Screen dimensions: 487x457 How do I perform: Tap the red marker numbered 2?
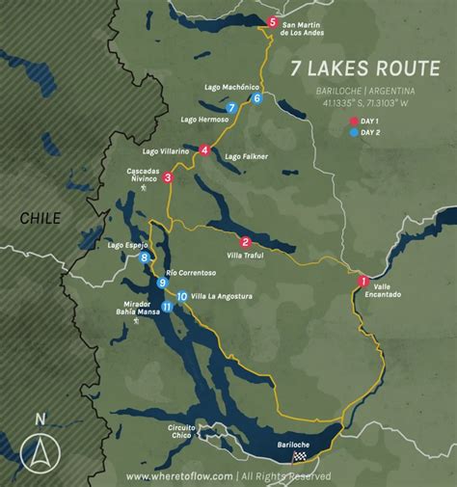coord(246,242)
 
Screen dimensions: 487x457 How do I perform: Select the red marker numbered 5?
coord(273,22)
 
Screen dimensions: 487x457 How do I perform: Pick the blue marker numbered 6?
coord(256,97)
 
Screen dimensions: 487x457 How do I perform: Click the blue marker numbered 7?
coord(232,108)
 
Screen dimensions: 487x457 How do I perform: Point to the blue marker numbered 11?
coord(167,307)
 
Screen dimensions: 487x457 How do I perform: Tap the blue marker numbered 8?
coord(145,257)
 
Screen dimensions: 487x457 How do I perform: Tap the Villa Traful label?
coord(248,257)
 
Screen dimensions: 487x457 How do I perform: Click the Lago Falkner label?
coord(244,155)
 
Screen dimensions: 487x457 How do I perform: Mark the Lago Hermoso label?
coord(204,120)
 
